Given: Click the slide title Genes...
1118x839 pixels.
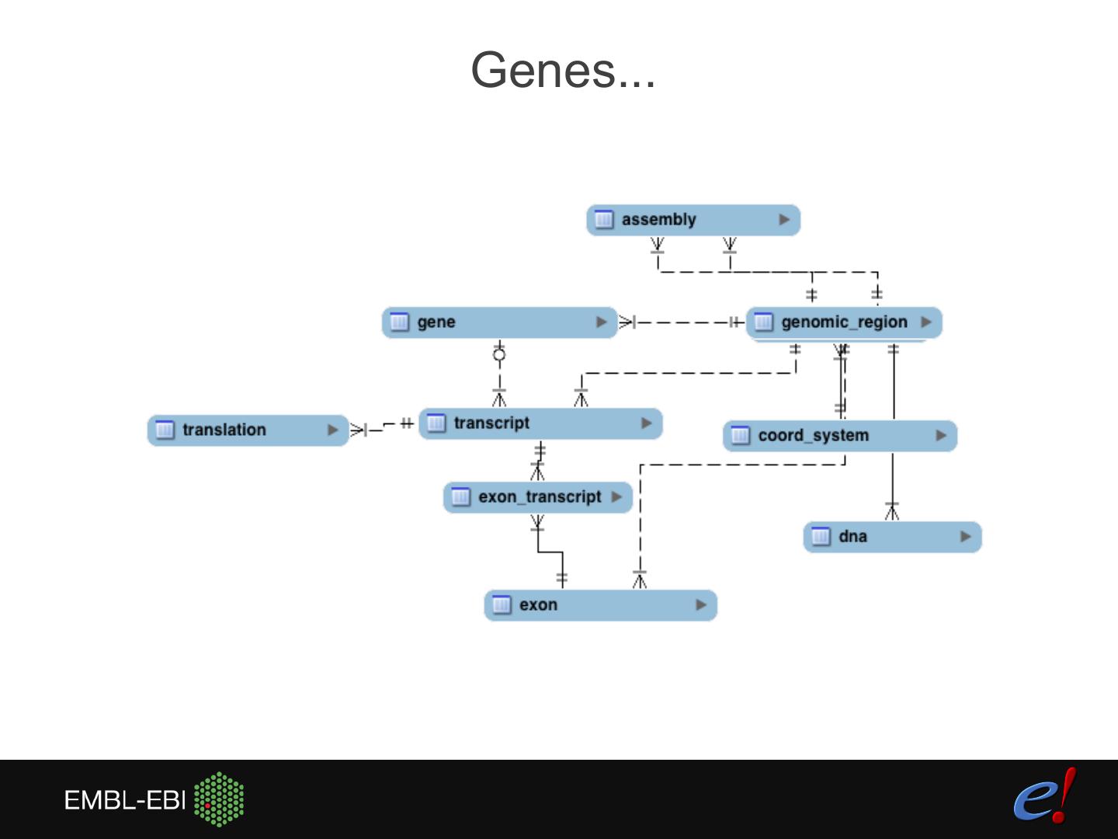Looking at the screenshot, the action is pyautogui.click(x=563, y=70).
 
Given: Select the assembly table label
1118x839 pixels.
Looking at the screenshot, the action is pyautogui.click(x=658, y=220).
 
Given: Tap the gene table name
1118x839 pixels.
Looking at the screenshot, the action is pyautogui.click(x=436, y=322).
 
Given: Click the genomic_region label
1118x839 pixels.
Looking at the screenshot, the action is pyautogui.click(x=844, y=322).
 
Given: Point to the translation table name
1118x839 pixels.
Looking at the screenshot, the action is pyautogui.click(x=224, y=430).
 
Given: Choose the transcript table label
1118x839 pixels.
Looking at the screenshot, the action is pyautogui.click(x=491, y=423).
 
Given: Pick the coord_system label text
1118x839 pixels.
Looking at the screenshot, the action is pyautogui.click(x=814, y=436).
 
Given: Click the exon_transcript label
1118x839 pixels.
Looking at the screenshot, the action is pyautogui.click(x=540, y=496).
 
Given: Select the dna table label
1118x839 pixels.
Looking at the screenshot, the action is pyautogui.click(x=852, y=536).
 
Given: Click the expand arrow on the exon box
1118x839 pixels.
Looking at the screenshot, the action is pyautogui.click(x=701, y=604).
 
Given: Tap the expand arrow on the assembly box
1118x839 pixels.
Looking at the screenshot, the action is pyautogui.click(x=784, y=220).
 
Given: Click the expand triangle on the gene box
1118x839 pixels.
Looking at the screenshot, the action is pyautogui.click(x=601, y=322).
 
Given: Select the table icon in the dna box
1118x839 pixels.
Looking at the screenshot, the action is pyautogui.click(x=821, y=536).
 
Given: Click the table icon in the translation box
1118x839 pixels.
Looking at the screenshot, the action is pyautogui.click(x=165, y=430).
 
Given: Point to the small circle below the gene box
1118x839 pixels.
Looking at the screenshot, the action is pyautogui.click(x=499, y=354).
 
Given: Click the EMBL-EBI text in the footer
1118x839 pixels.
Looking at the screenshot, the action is pyautogui.click(x=124, y=800).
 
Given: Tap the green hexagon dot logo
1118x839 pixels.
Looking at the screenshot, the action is pyautogui.click(x=219, y=799).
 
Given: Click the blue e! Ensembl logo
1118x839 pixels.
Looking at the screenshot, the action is pyautogui.click(x=1045, y=795).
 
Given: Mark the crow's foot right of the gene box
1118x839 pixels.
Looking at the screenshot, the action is pyautogui.click(x=627, y=322).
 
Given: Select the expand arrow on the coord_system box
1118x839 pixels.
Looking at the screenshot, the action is pyautogui.click(x=941, y=436).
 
